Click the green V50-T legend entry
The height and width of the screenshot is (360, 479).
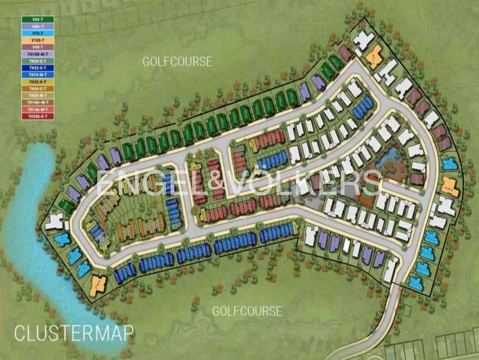coord(38,20)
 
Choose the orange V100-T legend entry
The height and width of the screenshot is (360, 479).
coord(38,40)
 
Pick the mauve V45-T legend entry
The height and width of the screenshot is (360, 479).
coord(38,47)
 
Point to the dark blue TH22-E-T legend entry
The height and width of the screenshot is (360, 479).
coord(38,68)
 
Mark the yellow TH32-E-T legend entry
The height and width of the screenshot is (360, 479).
coord(38,82)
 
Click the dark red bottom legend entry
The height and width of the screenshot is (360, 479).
coord(38,116)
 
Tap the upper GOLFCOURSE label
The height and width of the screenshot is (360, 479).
coord(177,61)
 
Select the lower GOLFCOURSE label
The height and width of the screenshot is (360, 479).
coord(246,311)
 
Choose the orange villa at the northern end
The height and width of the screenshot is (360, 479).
coord(373,55)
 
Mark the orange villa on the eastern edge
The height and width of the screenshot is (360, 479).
coord(450,187)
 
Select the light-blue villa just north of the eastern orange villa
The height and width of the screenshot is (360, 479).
coord(448,164)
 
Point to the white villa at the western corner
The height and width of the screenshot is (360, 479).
coord(53,223)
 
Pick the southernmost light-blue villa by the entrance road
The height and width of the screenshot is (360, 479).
coord(415,282)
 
